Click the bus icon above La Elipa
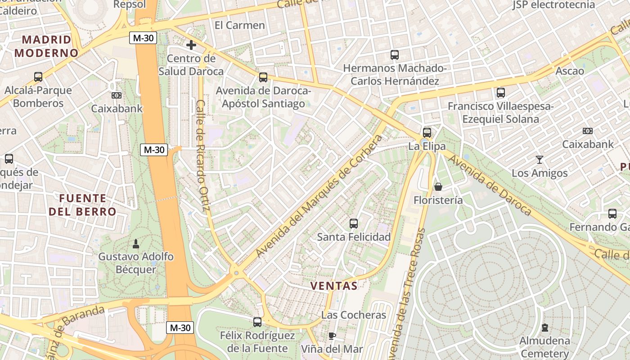(x=427, y=133)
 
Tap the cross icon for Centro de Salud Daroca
(x=191, y=45)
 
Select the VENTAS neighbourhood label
(x=334, y=286)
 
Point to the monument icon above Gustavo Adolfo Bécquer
(x=136, y=244)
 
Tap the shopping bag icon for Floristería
(x=438, y=187)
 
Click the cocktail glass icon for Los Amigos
(x=539, y=160)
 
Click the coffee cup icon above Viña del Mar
(x=332, y=336)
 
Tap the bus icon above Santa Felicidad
(x=354, y=223)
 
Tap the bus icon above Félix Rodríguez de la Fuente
(x=257, y=322)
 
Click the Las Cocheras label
(x=354, y=315)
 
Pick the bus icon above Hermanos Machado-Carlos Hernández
(x=395, y=55)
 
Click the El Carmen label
(x=239, y=25)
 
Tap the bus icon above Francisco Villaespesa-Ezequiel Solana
(x=500, y=93)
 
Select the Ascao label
(x=570, y=71)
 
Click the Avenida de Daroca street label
(x=490, y=185)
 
